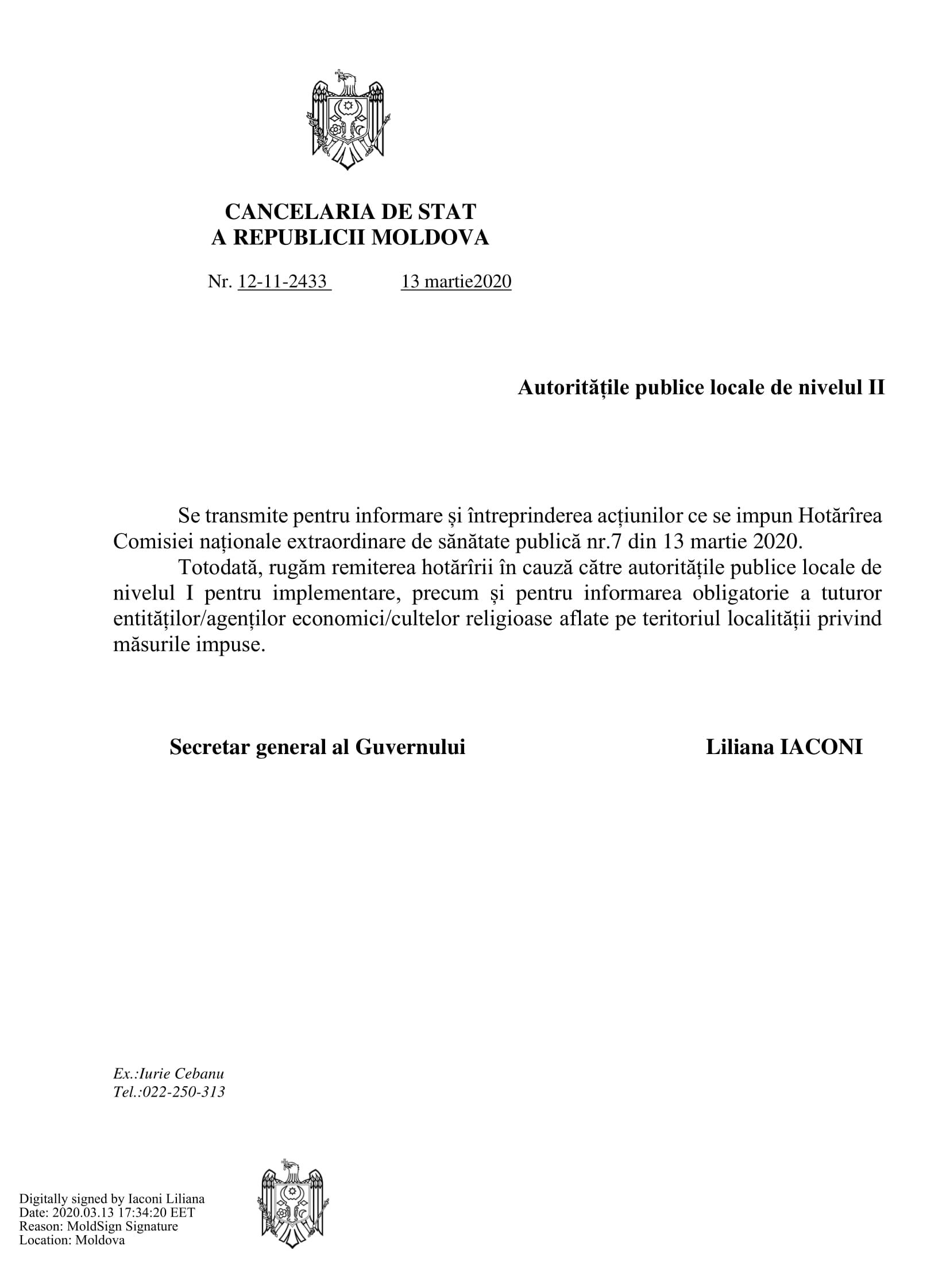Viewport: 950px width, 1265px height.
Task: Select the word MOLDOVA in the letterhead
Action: [x=430, y=237]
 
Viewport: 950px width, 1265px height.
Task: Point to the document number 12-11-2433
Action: [x=283, y=282]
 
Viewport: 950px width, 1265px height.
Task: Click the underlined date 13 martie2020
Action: [x=456, y=282]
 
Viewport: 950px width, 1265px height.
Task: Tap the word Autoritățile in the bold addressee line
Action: [x=574, y=388]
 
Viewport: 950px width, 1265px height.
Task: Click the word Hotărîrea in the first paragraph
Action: [x=840, y=516]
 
